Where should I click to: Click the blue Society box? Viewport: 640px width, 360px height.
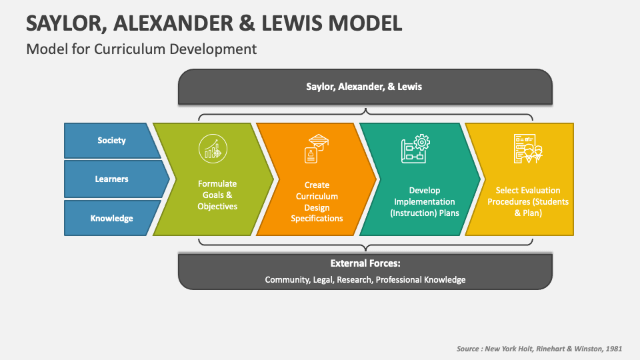click(x=111, y=141)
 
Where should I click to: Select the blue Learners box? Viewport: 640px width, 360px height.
click(x=111, y=179)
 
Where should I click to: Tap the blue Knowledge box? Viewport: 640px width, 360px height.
click(x=111, y=218)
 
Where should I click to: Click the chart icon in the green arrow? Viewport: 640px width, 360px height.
click(x=213, y=147)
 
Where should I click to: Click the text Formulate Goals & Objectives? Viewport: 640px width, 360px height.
click(x=217, y=195)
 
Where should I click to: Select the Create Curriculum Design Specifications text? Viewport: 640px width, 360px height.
click(x=317, y=201)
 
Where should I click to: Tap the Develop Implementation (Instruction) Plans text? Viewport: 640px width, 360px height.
click(x=424, y=201)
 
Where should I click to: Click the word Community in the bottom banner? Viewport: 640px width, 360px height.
click(x=287, y=280)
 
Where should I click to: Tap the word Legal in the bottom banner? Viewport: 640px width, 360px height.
click(x=323, y=280)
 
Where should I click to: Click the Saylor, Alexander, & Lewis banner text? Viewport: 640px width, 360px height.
click(x=364, y=87)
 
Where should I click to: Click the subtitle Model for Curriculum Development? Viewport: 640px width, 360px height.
click(x=141, y=49)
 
